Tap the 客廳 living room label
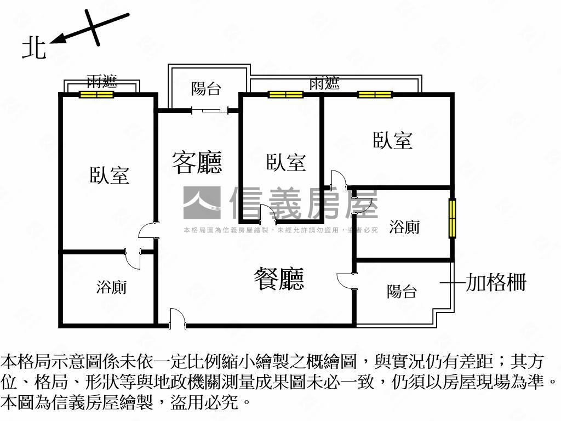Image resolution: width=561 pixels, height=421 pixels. (x=197, y=162)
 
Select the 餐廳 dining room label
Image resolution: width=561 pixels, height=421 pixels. (x=279, y=278)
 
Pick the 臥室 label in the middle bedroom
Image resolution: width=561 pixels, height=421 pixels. (x=286, y=162)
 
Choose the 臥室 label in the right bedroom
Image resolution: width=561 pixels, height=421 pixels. (x=393, y=140)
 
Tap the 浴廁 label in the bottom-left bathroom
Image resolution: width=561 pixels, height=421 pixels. (x=112, y=287)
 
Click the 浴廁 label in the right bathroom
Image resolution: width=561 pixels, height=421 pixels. (x=405, y=226)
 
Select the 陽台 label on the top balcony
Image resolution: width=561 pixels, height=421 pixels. (x=207, y=88)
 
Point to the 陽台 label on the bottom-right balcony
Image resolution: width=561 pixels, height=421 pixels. (x=402, y=292)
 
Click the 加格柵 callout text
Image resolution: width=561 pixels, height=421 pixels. (x=496, y=282)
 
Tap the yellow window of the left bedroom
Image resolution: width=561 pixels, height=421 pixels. (x=96, y=94)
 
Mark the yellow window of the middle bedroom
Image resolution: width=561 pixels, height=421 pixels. (x=285, y=94)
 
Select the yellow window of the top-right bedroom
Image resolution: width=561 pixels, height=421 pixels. (x=375, y=94)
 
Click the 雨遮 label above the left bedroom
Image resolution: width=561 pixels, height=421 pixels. (x=102, y=82)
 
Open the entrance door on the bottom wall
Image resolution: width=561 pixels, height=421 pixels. (x=177, y=320)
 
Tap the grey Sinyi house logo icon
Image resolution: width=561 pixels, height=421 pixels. (x=202, y=203)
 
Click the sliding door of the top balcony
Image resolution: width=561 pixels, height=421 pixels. (x=210, y=111)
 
